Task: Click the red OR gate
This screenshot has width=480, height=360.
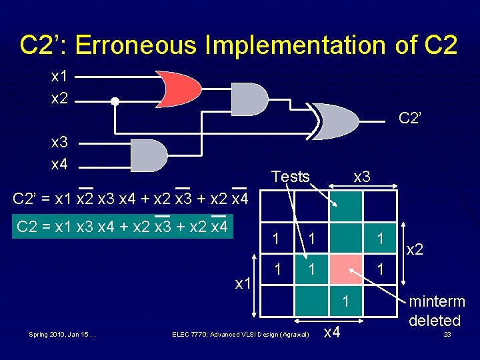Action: point(177,89)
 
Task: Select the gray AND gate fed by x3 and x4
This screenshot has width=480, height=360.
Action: point(148,155)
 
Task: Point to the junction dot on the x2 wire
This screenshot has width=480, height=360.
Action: point(115,101)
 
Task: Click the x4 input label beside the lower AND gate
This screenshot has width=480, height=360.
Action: point(59,164)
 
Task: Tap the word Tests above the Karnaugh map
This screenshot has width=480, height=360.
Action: point(291,177)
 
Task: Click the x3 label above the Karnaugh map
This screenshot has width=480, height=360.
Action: point(362,177)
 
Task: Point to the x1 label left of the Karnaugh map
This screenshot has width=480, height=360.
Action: point(242,283)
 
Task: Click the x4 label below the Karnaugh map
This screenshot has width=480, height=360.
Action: point(333,331)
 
